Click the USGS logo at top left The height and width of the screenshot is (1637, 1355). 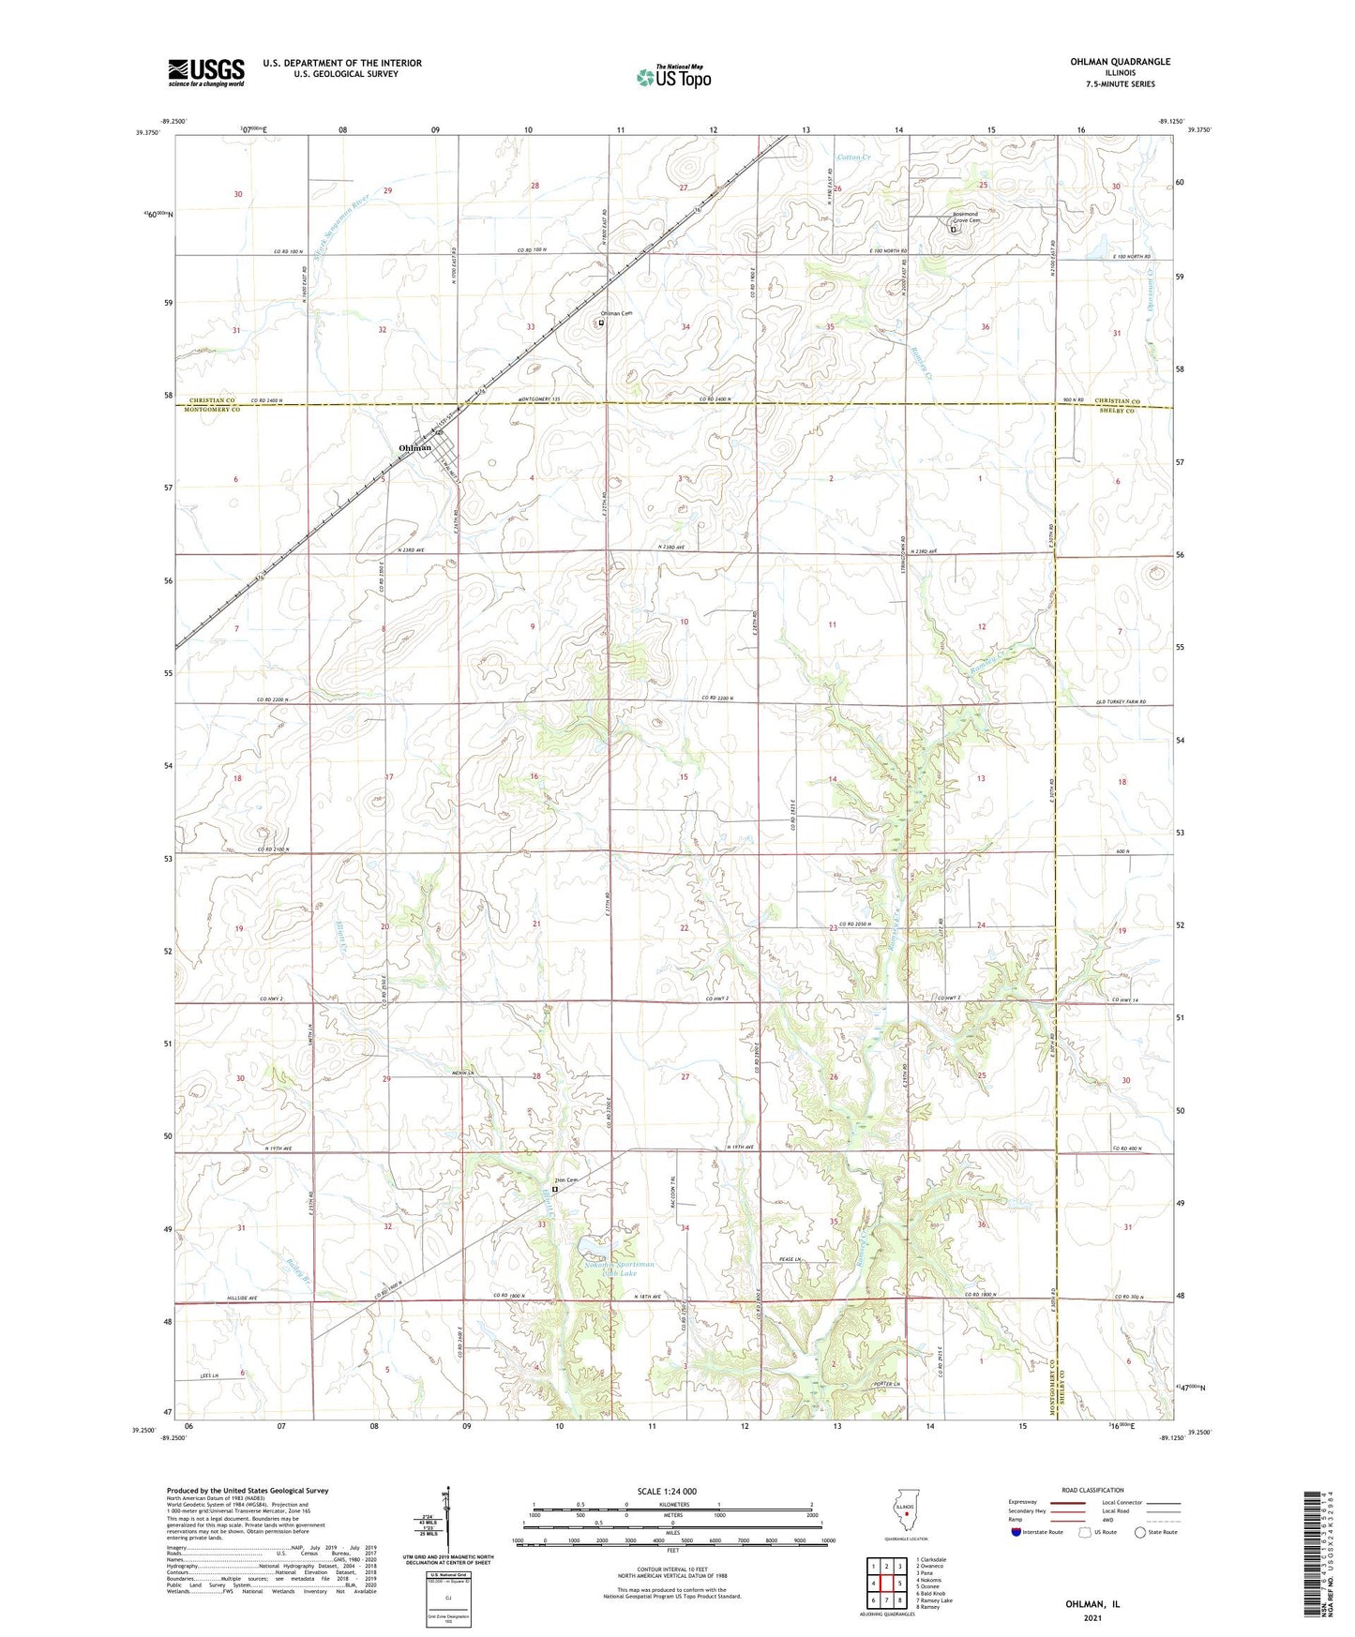(x=206, y=72)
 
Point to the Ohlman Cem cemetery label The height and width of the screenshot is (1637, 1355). (x=617, y=314)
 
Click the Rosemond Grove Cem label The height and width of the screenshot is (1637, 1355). (x=965, y=218)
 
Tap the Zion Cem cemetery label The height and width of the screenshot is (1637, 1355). (x=565, y=1179)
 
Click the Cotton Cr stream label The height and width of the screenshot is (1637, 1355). (x=854, y=158)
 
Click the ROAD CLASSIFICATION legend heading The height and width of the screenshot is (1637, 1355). (x=1093, y=1490)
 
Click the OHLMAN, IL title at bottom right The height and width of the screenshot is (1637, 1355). (x=1092, y=1604)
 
